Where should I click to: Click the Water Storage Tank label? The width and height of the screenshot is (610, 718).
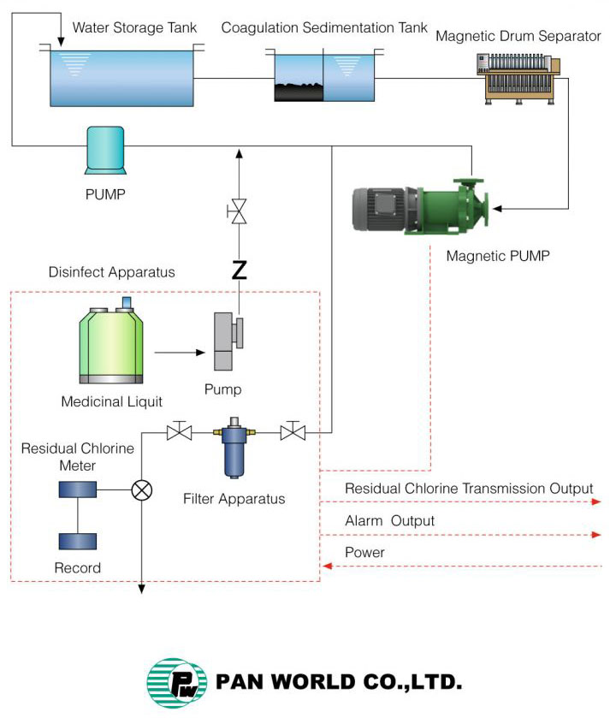(x=134, y=27)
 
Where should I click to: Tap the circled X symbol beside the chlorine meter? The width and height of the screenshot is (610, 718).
(x=141, y=490)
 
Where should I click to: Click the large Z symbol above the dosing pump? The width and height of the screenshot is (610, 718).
(x=240, y=271)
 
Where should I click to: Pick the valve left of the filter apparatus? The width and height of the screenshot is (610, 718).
(x=179, y=433)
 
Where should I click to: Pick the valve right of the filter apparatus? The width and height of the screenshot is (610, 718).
(x=293, y=433)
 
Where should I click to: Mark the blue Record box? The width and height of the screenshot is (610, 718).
(x=77, y=541)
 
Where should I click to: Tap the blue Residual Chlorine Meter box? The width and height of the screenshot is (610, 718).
(x=77, y=490)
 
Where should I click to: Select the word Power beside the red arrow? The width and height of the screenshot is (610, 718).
(x=364, y=553)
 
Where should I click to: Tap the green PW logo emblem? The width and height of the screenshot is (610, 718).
(x=177, y=683)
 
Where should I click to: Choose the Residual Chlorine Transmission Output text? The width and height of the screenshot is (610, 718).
(x=469, y=489)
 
